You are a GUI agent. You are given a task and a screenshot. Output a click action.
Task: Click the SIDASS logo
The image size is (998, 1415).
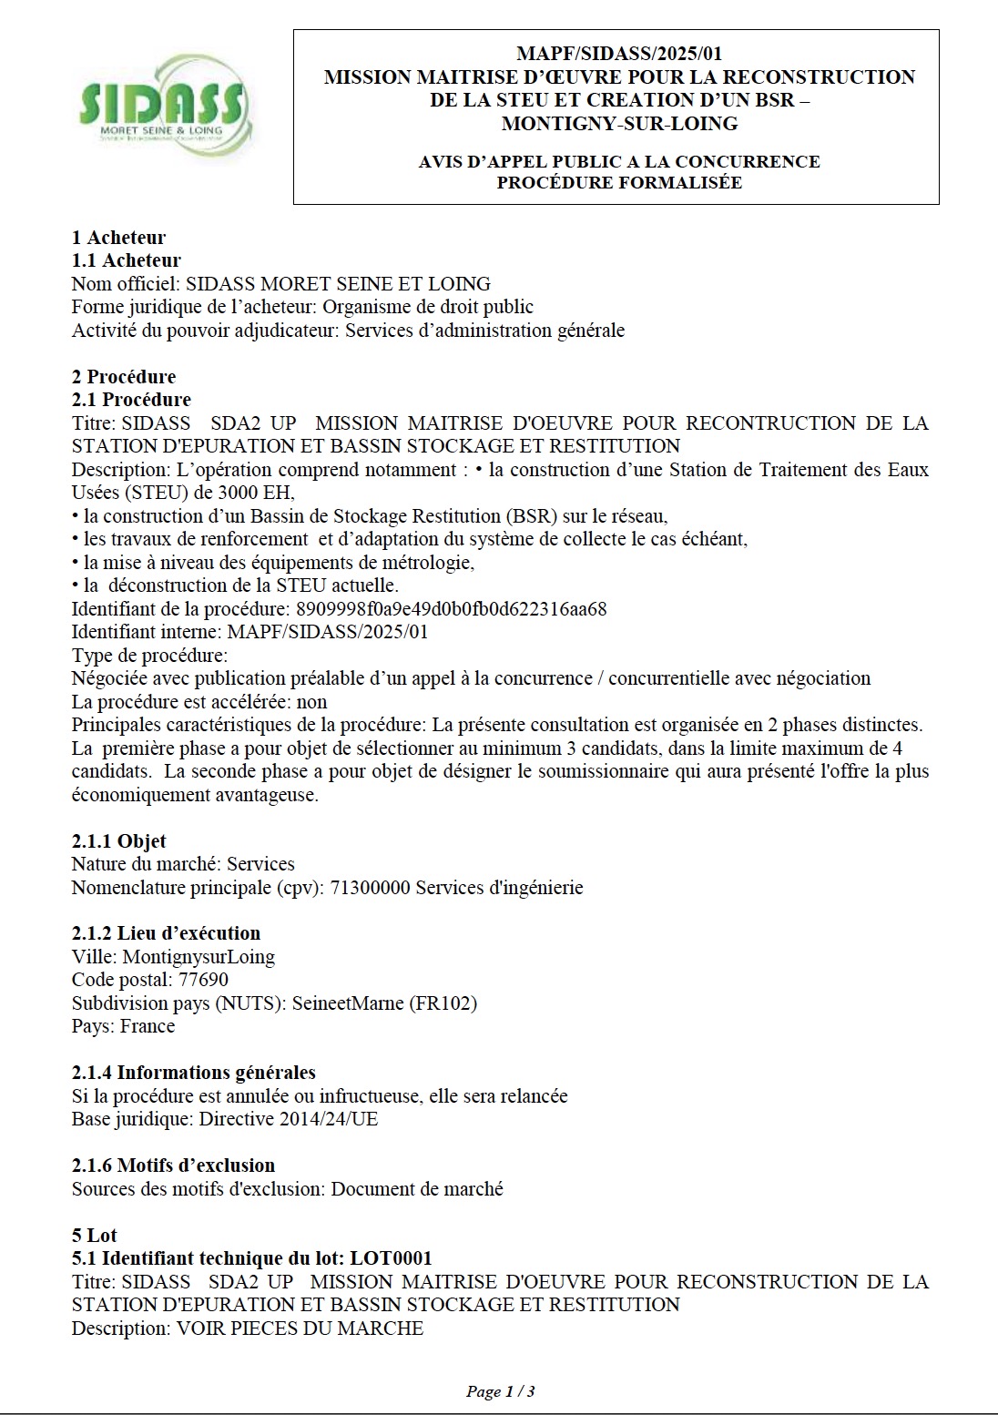coord(162,106)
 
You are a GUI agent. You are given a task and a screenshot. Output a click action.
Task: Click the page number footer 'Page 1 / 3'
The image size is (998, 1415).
coord(500,1391)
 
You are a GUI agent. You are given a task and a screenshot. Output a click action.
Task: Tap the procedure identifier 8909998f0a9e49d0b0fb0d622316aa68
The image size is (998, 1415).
coord(452,608)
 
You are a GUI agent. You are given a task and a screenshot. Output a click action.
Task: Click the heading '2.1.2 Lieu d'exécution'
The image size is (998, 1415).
coord(166,932)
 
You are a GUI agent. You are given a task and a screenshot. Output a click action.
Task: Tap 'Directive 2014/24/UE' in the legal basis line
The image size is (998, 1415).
coord(289,1118)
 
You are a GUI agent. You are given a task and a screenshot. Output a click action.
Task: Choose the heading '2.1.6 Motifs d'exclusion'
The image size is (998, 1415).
coord(173,1165)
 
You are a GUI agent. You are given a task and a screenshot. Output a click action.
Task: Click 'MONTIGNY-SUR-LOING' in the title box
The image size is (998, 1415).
coord(619,123)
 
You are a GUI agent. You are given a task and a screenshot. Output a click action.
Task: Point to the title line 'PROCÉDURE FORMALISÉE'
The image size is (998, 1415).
coord(619,183)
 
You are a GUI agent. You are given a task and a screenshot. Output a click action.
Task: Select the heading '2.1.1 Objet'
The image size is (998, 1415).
coord(118,840)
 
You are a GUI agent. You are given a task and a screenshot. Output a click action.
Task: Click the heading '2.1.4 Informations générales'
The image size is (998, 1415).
coord(193,1072)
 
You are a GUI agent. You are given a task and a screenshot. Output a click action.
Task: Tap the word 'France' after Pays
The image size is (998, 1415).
coord(148,1026)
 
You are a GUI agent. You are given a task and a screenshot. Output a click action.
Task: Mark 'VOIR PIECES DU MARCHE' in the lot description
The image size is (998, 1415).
coord(300,1328)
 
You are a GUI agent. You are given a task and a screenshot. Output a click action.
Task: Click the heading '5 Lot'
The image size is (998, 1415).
coord(94,1235)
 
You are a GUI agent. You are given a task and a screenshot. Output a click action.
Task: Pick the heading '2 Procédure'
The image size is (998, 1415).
coord(124,376)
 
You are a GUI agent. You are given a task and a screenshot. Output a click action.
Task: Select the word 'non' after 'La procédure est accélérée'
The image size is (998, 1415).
coord(312,702)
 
